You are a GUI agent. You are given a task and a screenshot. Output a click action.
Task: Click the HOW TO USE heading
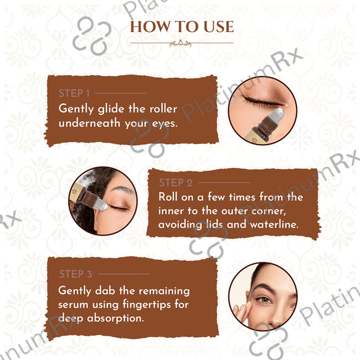click(182, 26)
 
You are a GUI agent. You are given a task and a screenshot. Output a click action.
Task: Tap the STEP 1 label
click(74, 93)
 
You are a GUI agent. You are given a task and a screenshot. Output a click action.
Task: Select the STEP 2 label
click(175, 183)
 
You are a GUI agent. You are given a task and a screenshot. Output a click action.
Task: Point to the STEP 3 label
click(75, 274)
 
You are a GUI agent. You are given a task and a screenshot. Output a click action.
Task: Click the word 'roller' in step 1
click(163, 109)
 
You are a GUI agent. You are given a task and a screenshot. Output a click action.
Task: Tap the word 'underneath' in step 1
click(89, 123)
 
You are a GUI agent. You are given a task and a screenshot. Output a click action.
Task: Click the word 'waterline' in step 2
click(274, 224)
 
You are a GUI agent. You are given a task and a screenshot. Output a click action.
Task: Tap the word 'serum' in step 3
click(73, 305)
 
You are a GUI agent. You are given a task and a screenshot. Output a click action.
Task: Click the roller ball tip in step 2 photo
click(101, 205)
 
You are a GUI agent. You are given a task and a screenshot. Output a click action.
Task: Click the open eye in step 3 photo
click(264, 299)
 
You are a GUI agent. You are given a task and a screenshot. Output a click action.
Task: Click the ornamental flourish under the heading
click(181, 43)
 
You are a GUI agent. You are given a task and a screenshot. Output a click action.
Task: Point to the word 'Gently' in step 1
click(76, 109)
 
